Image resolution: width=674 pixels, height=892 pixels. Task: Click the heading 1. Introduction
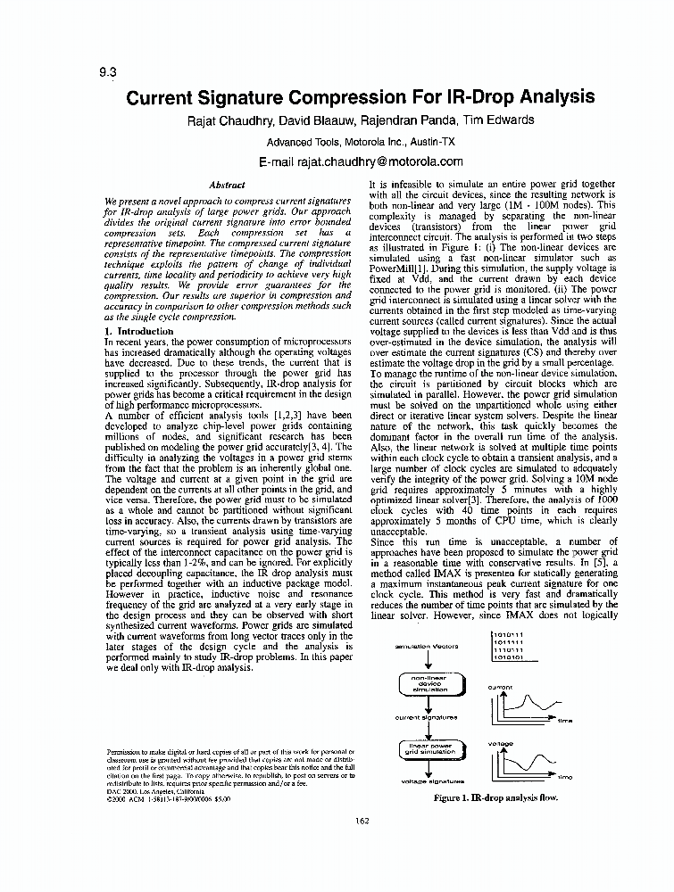coord(139,331)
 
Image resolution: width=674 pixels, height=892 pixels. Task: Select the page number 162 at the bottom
coord(362,821)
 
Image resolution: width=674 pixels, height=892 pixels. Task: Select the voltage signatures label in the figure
coord(432,781)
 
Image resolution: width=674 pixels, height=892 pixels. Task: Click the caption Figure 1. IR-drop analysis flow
coord(495,798)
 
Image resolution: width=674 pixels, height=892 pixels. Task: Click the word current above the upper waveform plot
coord(500,687)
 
